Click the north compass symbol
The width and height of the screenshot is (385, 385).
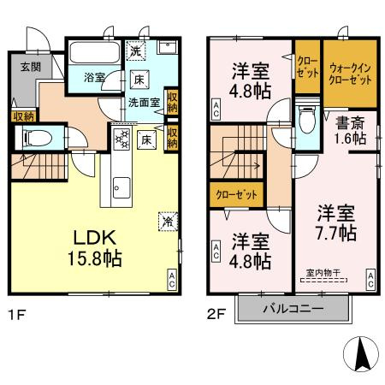(x=361, y=354)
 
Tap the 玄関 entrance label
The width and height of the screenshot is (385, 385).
(x=31, y=67)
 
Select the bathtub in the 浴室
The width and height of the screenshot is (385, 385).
(x=95, y=52)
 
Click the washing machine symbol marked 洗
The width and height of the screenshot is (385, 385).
(x=136, y=50)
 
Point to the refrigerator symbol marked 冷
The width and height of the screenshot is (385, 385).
(x=169, y=222)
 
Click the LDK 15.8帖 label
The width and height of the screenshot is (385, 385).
(x=95, y=248)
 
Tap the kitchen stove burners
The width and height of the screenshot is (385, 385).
(x=122, y=139)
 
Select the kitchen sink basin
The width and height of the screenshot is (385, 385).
(x=121, y=188)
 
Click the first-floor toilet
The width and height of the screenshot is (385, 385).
(x=38, y=139)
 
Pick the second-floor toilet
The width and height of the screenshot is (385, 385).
(x=307, y=120)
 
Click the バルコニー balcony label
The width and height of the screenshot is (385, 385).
(x=293, y=308)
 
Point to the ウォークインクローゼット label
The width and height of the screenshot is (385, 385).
(x=350, y=74)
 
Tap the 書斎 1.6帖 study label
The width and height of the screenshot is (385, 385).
(x=351, y=131)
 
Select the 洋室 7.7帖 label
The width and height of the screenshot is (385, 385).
(x=336, y=223)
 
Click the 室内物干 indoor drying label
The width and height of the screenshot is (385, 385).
(x=323, y=273)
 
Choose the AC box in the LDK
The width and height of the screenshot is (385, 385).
(x=172, y=280)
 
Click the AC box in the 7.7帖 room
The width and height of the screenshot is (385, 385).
(x=370, y=280)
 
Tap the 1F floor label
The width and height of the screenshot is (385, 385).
(x=17, y=315)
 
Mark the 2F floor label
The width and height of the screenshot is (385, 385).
(x=216, y=315)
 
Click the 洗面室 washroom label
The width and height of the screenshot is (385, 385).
(x=144, y=103)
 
